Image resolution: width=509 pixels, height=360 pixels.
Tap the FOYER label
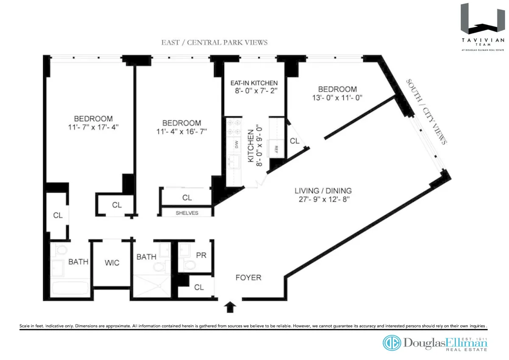248,278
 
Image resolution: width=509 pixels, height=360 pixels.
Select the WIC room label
112,263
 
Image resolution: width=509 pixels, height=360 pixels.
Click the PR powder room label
201,256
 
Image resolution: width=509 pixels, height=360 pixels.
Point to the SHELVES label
187,213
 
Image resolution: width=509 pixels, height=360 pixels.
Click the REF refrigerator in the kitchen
276,149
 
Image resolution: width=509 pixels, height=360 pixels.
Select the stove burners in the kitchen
233,126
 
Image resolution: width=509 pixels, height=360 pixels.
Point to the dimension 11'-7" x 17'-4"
93,127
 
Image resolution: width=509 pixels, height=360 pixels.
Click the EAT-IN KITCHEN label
254,83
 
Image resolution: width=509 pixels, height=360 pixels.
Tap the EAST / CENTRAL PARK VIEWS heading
214,42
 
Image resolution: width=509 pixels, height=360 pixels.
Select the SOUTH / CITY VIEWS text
426,111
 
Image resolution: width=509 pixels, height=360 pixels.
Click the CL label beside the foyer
199,287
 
